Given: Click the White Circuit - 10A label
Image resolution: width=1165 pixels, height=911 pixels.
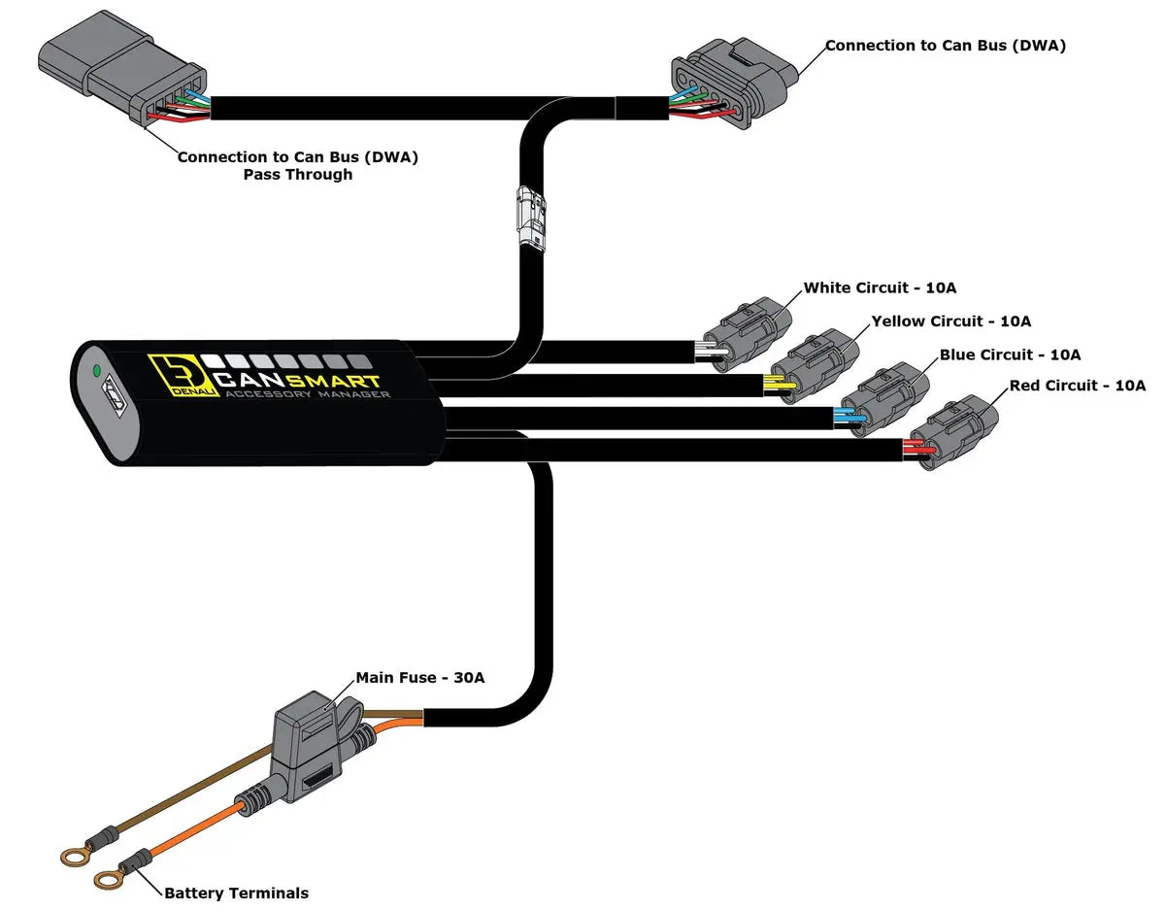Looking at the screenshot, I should [x=880, y=288].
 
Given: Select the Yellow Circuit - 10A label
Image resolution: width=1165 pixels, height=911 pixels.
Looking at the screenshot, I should [x=950, y=321].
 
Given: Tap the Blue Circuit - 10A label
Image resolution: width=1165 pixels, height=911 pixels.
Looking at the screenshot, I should [x=1010, y=355].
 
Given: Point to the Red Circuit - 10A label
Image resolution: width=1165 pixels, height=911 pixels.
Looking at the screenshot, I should [x=1078, y=387].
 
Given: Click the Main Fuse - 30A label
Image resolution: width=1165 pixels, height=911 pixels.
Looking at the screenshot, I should [x=419, y=678].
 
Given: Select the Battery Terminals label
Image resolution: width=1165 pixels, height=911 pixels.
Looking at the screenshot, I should [x=236, y=893].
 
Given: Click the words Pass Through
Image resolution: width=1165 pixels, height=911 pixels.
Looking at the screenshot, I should [x=298, y=175].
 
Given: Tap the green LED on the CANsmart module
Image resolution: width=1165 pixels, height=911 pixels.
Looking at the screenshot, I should [x=96, y=370].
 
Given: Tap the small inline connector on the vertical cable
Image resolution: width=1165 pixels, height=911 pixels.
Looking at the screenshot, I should [x=531, y=218].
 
